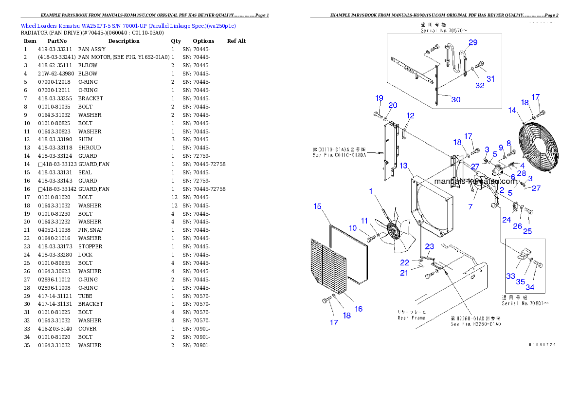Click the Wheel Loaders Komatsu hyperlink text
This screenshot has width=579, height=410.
coord(128,26)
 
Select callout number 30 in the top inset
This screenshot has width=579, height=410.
coord(455,99)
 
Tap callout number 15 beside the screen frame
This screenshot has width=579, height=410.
coord(317,206)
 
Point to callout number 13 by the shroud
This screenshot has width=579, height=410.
coord(403,166)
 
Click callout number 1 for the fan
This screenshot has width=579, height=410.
coord(371,191)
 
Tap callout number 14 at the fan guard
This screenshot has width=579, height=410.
coord(512,111)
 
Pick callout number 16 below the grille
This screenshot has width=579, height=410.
coord(359,309)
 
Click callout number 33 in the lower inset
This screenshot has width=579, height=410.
coord(510,276)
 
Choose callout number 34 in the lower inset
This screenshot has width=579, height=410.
coord(530,287)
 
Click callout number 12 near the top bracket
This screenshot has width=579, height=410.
coord(411,116)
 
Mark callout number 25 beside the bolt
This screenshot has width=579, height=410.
coord(527,231)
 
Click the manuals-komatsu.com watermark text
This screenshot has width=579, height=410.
coord(475,181)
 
